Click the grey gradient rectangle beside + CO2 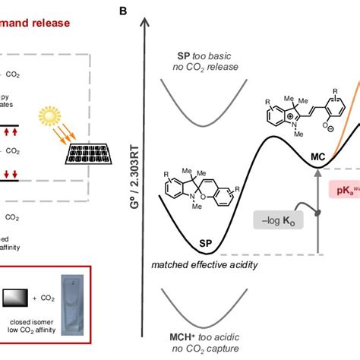pos(17,299)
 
